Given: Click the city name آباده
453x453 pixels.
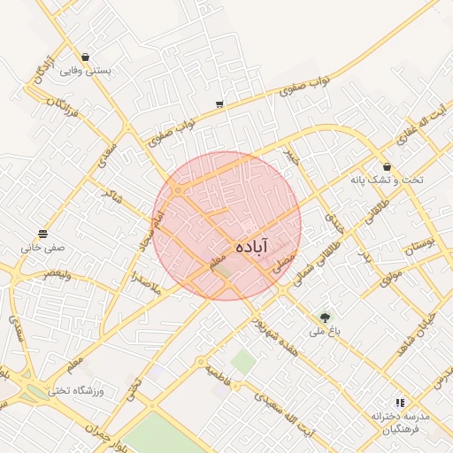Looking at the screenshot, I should pos(253,247).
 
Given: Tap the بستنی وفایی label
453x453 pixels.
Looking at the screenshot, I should pos(85,72).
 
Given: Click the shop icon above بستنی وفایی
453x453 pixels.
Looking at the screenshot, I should pos(85,57).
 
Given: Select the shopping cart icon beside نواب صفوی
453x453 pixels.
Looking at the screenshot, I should pos(219,105).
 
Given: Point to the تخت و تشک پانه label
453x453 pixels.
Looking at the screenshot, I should pos(387,180).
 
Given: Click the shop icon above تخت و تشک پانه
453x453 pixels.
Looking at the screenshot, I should pos(388,165).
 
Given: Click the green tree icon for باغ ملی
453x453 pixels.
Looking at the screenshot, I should pos(326,317).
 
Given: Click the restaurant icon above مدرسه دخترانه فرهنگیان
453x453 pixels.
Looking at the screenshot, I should pos(399,402).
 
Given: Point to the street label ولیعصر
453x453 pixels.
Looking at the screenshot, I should pos(55,274).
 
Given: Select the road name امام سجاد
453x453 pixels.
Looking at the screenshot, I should pos(150,229).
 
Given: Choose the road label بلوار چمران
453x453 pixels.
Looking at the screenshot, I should pos(106,425).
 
